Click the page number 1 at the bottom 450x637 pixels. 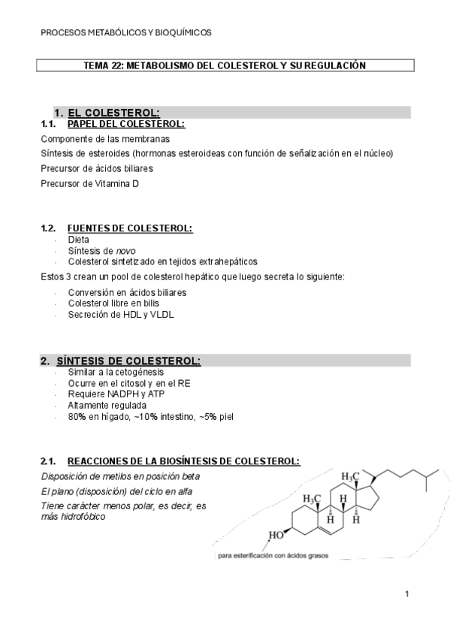(406, 595)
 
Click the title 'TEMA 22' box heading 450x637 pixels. (225, 66)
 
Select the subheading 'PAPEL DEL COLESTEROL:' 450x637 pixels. (125, 124)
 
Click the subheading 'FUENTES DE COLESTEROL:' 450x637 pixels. (129, 228)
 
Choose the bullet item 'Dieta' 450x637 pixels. (78, 240)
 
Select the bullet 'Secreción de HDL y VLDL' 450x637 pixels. (120, 315)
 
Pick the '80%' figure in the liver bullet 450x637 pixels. (77, 416)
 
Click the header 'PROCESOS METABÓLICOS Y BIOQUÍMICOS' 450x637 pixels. (125, 32)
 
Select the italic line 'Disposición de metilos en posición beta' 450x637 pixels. (120, 477)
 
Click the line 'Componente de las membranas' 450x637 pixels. (104, 139)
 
